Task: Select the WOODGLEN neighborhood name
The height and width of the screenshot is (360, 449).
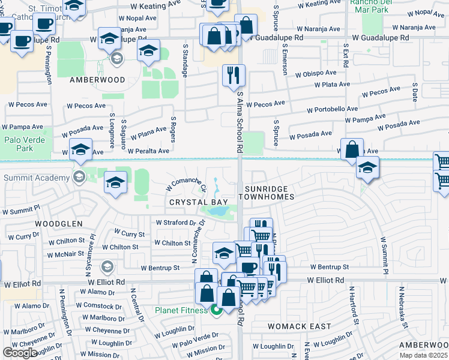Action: (x=26, y=223)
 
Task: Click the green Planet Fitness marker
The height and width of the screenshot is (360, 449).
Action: (x=216, y=310)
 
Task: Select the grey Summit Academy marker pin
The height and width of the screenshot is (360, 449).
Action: (x=78, y=177)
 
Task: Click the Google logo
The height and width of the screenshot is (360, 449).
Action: (x=20, y=352)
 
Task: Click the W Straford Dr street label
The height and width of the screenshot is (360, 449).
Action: (x=176, y=222)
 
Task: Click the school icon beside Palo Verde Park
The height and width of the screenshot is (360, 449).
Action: (x=80, y=151)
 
